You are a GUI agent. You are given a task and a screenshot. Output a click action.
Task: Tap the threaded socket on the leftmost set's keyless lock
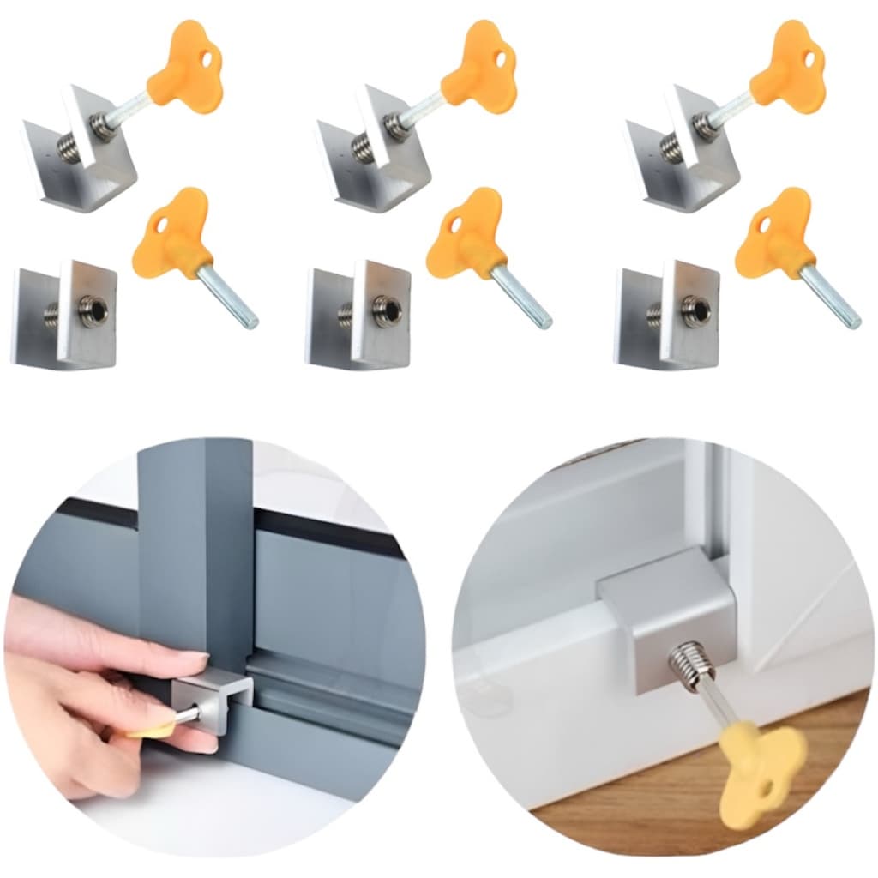coord(93,310)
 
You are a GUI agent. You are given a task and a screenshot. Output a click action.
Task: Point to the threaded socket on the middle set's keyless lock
coord(387,310)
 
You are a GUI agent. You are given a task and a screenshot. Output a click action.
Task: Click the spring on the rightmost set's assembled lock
coord(707,128)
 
